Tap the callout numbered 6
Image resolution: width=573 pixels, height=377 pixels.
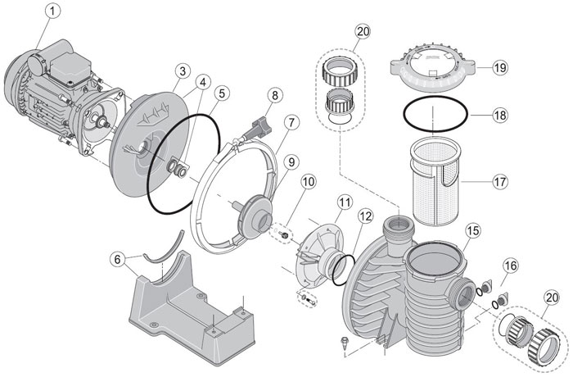(x=119, y=259)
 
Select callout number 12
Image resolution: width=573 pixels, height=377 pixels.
(x=364, y=217)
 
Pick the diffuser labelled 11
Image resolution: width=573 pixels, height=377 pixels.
(x=315, y=246)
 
